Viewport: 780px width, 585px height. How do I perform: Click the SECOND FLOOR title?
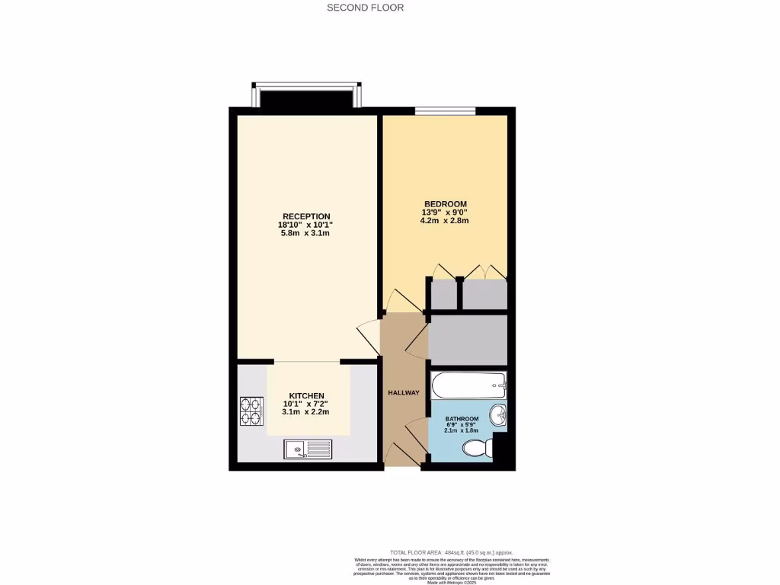click(x=365, y=8)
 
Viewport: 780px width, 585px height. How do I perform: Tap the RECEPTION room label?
click(x=305, y=216)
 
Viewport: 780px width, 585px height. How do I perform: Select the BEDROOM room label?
click(x=445, y=203)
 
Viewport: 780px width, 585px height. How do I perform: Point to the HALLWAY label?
click(x=403, y=393)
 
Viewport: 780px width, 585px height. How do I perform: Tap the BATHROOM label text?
click(x=462, y=419)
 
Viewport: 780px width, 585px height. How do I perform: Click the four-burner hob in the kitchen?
click(x=251, y=411)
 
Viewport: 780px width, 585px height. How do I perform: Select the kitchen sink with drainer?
click(x=308, y=449)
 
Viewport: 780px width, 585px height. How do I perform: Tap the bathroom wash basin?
click(x=497, y=415)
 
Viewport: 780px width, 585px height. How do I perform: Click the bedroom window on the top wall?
click(x=445, y=111)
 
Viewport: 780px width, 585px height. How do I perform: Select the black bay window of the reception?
click(x=307, y=97)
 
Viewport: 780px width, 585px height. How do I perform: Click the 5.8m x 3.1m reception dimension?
click(x=305, y=233)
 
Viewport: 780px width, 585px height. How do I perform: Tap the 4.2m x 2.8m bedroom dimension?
click(x=445, y=221)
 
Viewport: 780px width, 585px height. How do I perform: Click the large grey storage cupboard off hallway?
click(x=468, y=340)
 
